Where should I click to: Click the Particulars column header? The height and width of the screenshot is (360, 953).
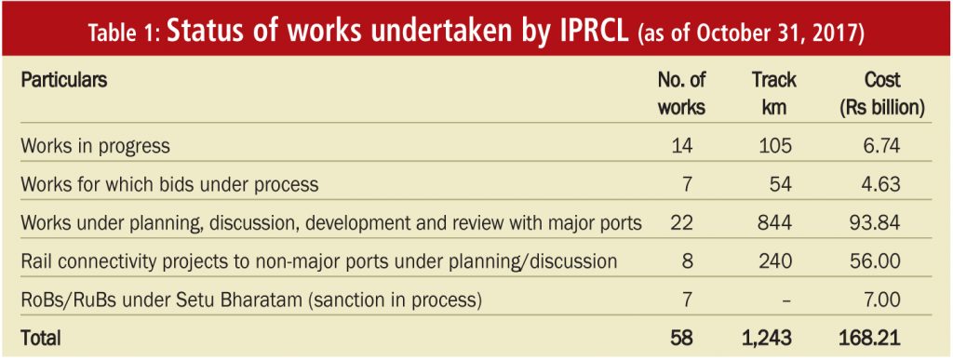(64, 80)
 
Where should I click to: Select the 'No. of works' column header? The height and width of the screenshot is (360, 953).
(682, 94)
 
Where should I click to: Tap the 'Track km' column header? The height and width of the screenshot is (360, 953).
(773, 94)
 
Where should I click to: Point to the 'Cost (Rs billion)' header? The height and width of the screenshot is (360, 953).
(882, 94)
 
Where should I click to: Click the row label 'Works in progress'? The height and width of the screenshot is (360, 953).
(95, 146)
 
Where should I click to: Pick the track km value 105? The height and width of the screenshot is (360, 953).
(774, 146)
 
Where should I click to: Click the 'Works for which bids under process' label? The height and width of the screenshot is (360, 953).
(169, 184)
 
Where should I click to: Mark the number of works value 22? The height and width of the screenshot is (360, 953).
(681, 223)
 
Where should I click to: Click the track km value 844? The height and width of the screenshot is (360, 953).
(774, 223)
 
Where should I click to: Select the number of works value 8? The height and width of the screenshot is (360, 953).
(688, 261)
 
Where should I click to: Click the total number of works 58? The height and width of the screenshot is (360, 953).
(681, 339)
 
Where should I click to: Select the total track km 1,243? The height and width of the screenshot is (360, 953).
(767, 339)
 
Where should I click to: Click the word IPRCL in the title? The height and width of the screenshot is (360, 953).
(592, 33)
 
